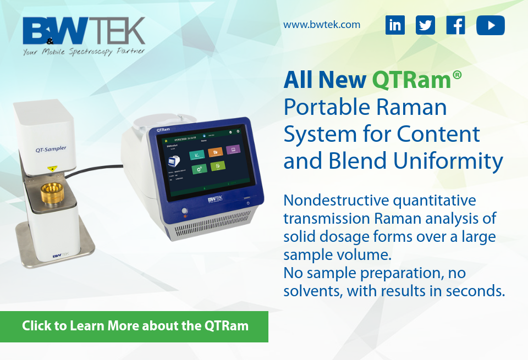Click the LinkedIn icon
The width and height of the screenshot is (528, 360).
(x=395, y=25)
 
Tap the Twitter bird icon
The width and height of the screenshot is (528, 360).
(x=425, y=25)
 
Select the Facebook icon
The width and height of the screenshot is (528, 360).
(x=456, y=25)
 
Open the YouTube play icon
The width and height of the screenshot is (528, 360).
(x=490, y=25)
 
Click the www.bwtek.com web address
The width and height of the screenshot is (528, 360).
(x=322, y=24)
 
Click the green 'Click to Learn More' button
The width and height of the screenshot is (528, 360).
(x=135, y=326)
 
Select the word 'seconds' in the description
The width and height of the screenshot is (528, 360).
(x=476, y=291)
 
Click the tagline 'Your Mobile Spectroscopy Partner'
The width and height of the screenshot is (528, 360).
(x=84, y=52)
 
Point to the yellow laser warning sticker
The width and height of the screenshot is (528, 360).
(x=52, y=169)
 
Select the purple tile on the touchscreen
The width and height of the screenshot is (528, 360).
(x=233, y=149)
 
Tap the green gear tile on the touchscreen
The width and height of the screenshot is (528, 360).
(x=198, y=168)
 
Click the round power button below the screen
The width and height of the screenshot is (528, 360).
(x=185, y=211)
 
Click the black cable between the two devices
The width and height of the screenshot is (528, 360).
(x=110, y=167)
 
